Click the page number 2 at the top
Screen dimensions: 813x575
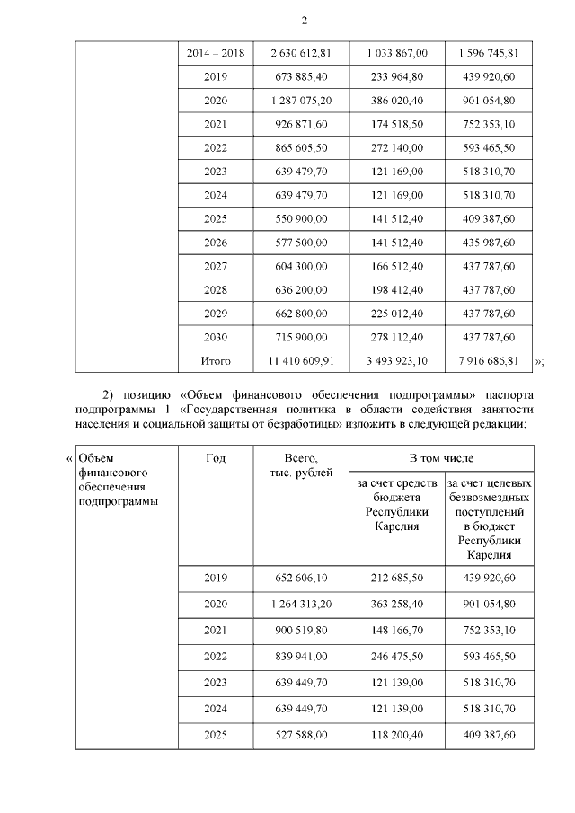coord(303,21)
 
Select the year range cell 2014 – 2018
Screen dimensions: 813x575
coord(215,53)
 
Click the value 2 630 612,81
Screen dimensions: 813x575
coord(300,53)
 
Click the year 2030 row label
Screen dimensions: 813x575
coord(216,337)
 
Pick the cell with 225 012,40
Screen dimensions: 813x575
coord(395,314)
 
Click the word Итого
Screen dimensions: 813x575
coord(216,361)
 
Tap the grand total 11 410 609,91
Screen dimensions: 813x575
coord(300,361)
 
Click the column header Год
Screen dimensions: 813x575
coord(216,458)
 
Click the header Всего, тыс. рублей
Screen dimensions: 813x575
coord(300,465)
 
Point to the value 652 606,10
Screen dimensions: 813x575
coord(300,579)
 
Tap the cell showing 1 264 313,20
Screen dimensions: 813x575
coord(300,603)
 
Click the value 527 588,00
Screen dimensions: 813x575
coord(300,735)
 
